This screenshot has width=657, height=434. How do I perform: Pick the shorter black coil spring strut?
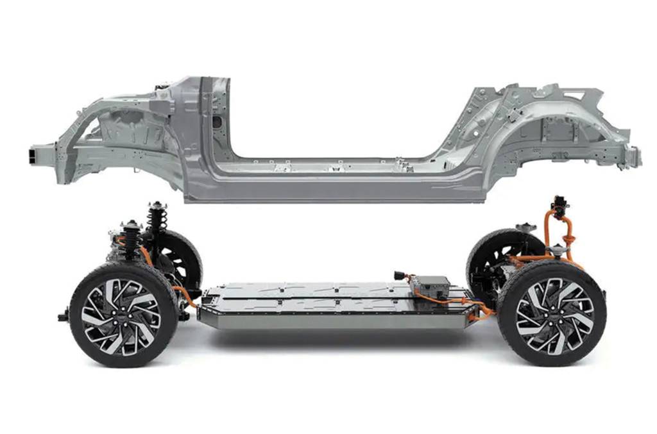(132, 238)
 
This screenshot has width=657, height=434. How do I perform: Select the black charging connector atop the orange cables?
(559, 206)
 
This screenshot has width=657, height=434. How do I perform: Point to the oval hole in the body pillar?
(217, 121)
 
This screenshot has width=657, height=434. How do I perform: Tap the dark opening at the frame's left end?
(32, 155)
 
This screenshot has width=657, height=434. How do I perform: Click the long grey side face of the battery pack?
(334, 320)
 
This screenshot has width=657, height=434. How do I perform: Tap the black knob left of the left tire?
(64, 315)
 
